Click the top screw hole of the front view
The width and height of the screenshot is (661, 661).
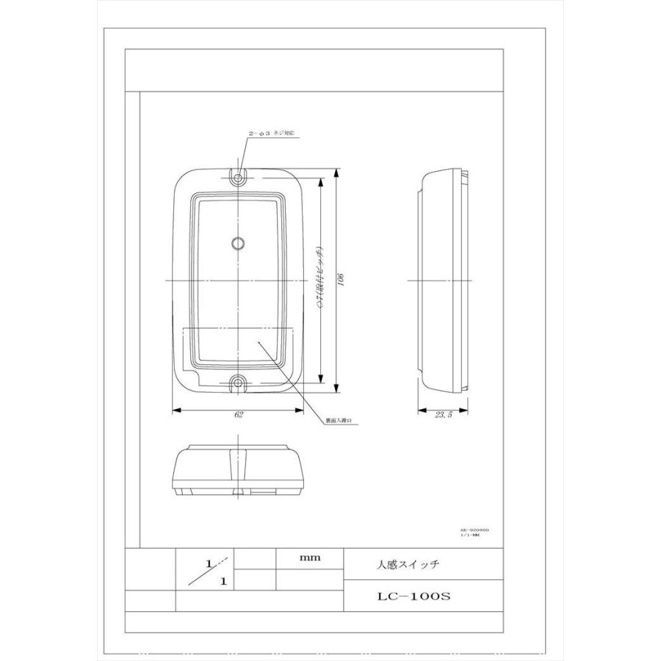coord(239,177)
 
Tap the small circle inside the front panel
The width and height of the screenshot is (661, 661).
coord(238,242)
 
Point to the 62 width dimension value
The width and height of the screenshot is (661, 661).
coord(239,415)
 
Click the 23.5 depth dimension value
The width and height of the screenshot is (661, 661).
coord(442,415)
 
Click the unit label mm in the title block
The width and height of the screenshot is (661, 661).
coord(308,558)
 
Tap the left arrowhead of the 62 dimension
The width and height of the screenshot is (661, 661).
coord(174,409)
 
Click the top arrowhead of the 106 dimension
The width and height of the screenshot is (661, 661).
coord(336,172)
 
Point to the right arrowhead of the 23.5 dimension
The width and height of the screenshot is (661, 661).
coord(466,409)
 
